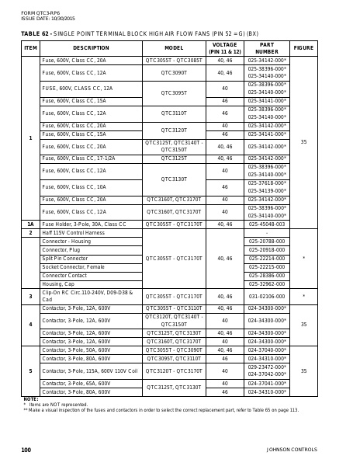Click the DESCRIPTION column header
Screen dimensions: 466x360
(91, 47)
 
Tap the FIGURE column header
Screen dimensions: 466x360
(303, 47)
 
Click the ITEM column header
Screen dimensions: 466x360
(30, 47)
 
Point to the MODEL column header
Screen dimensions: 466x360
(174, 47)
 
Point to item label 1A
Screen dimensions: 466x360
(30, 224)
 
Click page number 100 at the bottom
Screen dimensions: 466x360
(26, 449)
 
